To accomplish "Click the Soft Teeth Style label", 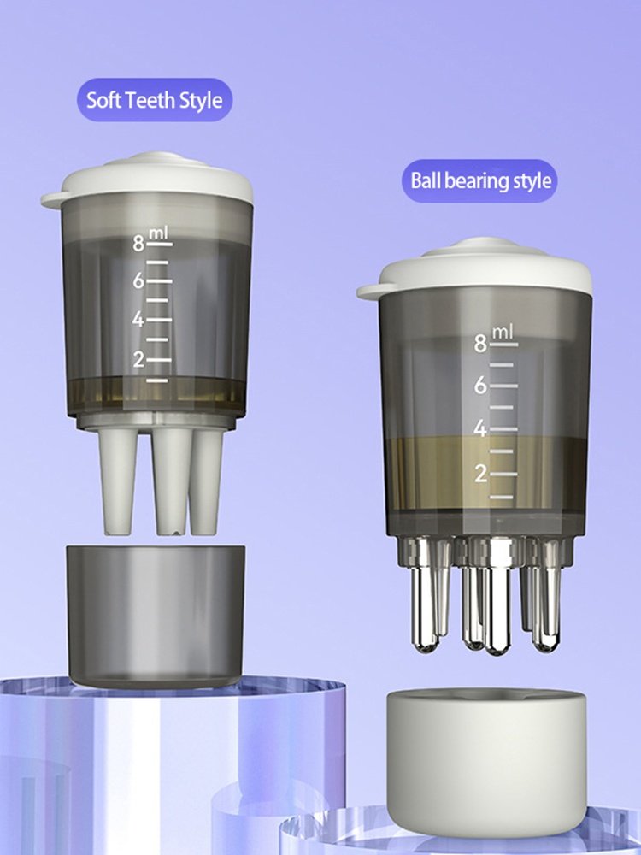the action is point(154,100).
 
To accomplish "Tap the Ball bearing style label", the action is point(479,180).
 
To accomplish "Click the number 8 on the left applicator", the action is point(138,244).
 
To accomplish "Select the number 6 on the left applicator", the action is point(138,281).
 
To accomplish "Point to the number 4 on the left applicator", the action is point(138,320).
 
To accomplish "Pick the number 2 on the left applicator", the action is point(138,359).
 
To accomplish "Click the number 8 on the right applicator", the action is point(480,344).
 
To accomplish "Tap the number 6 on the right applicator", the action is point(480,386).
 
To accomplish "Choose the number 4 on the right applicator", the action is point(480,429).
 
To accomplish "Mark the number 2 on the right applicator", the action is point(480,475).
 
